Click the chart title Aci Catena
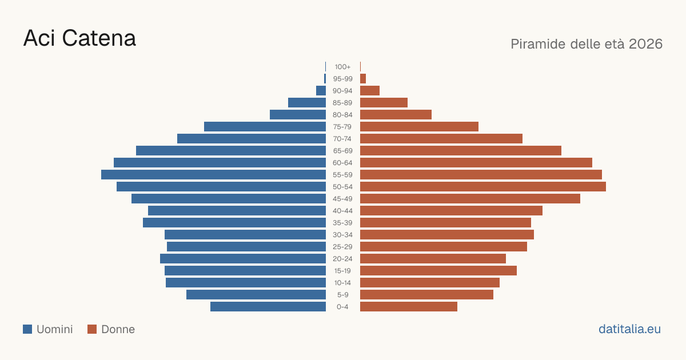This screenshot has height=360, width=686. point(79,38)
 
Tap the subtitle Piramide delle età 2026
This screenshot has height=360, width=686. point(587,44)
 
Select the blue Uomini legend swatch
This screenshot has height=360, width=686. point(27,329)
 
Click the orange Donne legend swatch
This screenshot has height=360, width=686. point(92,329)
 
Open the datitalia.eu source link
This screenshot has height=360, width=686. point(629,329)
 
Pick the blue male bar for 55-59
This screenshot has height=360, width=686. point(213,174)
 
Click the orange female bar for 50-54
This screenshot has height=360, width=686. point(483,186)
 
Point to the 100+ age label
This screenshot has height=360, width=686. point(342,67)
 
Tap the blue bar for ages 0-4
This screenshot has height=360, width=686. point(268,306)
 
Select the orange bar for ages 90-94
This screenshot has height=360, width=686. point(370,91)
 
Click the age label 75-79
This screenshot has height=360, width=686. point(342,127)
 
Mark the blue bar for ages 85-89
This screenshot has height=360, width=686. point(307,102)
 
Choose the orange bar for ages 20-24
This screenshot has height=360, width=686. point(433,259)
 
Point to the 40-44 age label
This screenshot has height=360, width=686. point(342,211)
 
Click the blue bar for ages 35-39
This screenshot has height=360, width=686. point(234,222)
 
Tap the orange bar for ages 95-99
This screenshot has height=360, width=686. point(363,79)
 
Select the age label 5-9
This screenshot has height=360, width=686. point(342,294)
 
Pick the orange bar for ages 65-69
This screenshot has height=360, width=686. point(461,151)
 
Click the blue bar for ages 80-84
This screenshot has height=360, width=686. point(298,114)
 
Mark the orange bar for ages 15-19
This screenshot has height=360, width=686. point(438,271)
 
